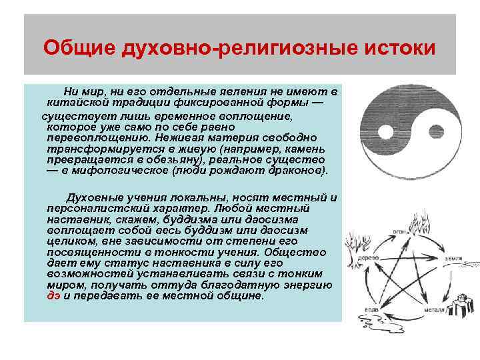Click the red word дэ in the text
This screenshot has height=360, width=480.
click(53, 295)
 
